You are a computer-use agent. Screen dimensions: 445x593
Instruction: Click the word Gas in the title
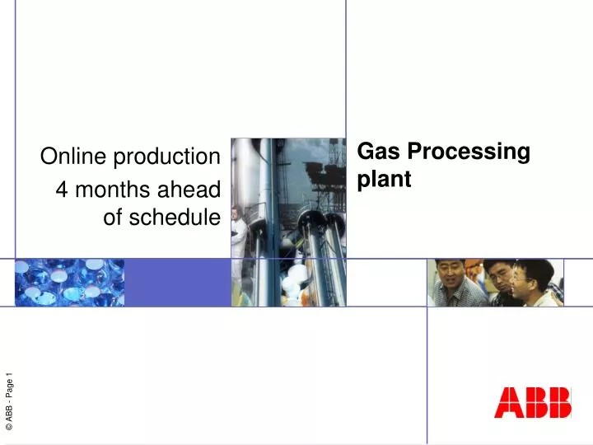pyautogui.click(x=377, y=152)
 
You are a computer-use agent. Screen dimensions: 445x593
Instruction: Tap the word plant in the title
pyautogui.click(x=384, y=180)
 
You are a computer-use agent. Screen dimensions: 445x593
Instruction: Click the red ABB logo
pyautogui.click(x=533, y=404)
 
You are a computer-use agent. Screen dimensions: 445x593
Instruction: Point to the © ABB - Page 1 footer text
pyautogui.click(x=9, y=401)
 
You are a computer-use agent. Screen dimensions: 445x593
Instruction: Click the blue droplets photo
pyautogui.click(x=70, y=282)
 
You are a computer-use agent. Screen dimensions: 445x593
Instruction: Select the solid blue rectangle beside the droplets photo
pyautogui.click(x=177, y=282)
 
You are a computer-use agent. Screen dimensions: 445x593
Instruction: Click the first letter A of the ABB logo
pyautogui.click(x=508, y=404)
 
